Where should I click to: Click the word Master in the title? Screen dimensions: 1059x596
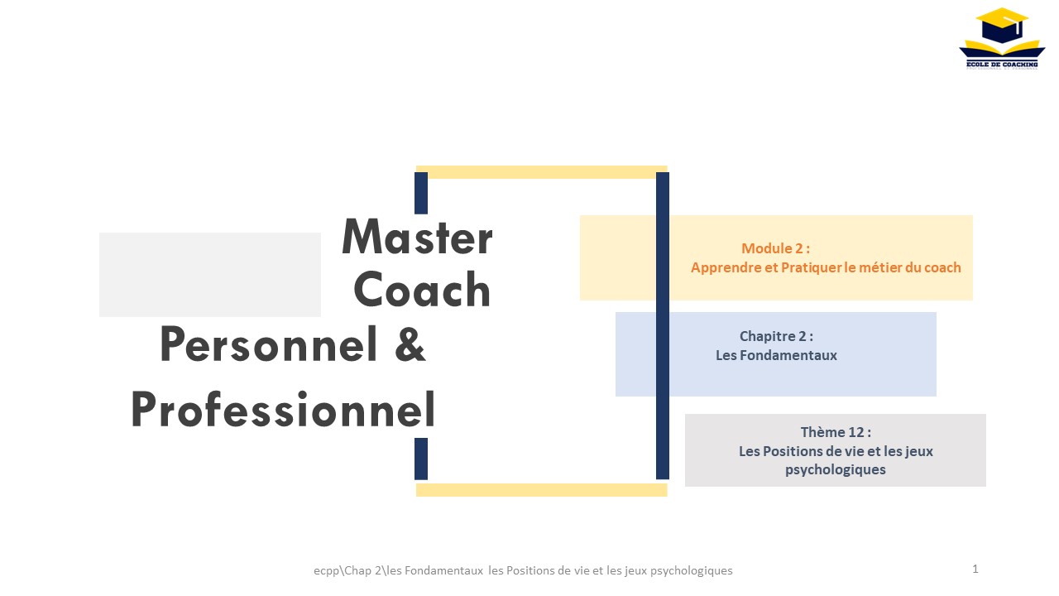coord(417,237)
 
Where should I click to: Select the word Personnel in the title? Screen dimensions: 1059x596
coord(269,344)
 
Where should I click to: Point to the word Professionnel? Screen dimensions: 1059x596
coord(283,409)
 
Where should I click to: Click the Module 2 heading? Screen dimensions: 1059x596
coord(775,248)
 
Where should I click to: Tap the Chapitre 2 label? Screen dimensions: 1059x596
coord(776,336)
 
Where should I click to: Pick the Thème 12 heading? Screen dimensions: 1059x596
coord(836,432)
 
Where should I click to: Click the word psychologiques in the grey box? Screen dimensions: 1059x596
coord(836,469)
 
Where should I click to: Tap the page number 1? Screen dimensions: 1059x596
coord(975,569)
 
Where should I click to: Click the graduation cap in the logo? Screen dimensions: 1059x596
coord(1002,26)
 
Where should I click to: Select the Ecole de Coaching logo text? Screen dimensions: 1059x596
coord(1002,64)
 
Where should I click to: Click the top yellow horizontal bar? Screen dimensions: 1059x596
coord(541,172)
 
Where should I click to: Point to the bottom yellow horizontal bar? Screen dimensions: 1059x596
coord(541,490)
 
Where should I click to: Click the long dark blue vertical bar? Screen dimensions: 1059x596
coord(663,326)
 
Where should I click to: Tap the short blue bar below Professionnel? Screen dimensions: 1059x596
coord(421,459)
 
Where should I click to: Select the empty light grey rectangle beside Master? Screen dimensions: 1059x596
coord(210,275)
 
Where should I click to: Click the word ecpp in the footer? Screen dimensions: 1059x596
coord(326,571)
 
